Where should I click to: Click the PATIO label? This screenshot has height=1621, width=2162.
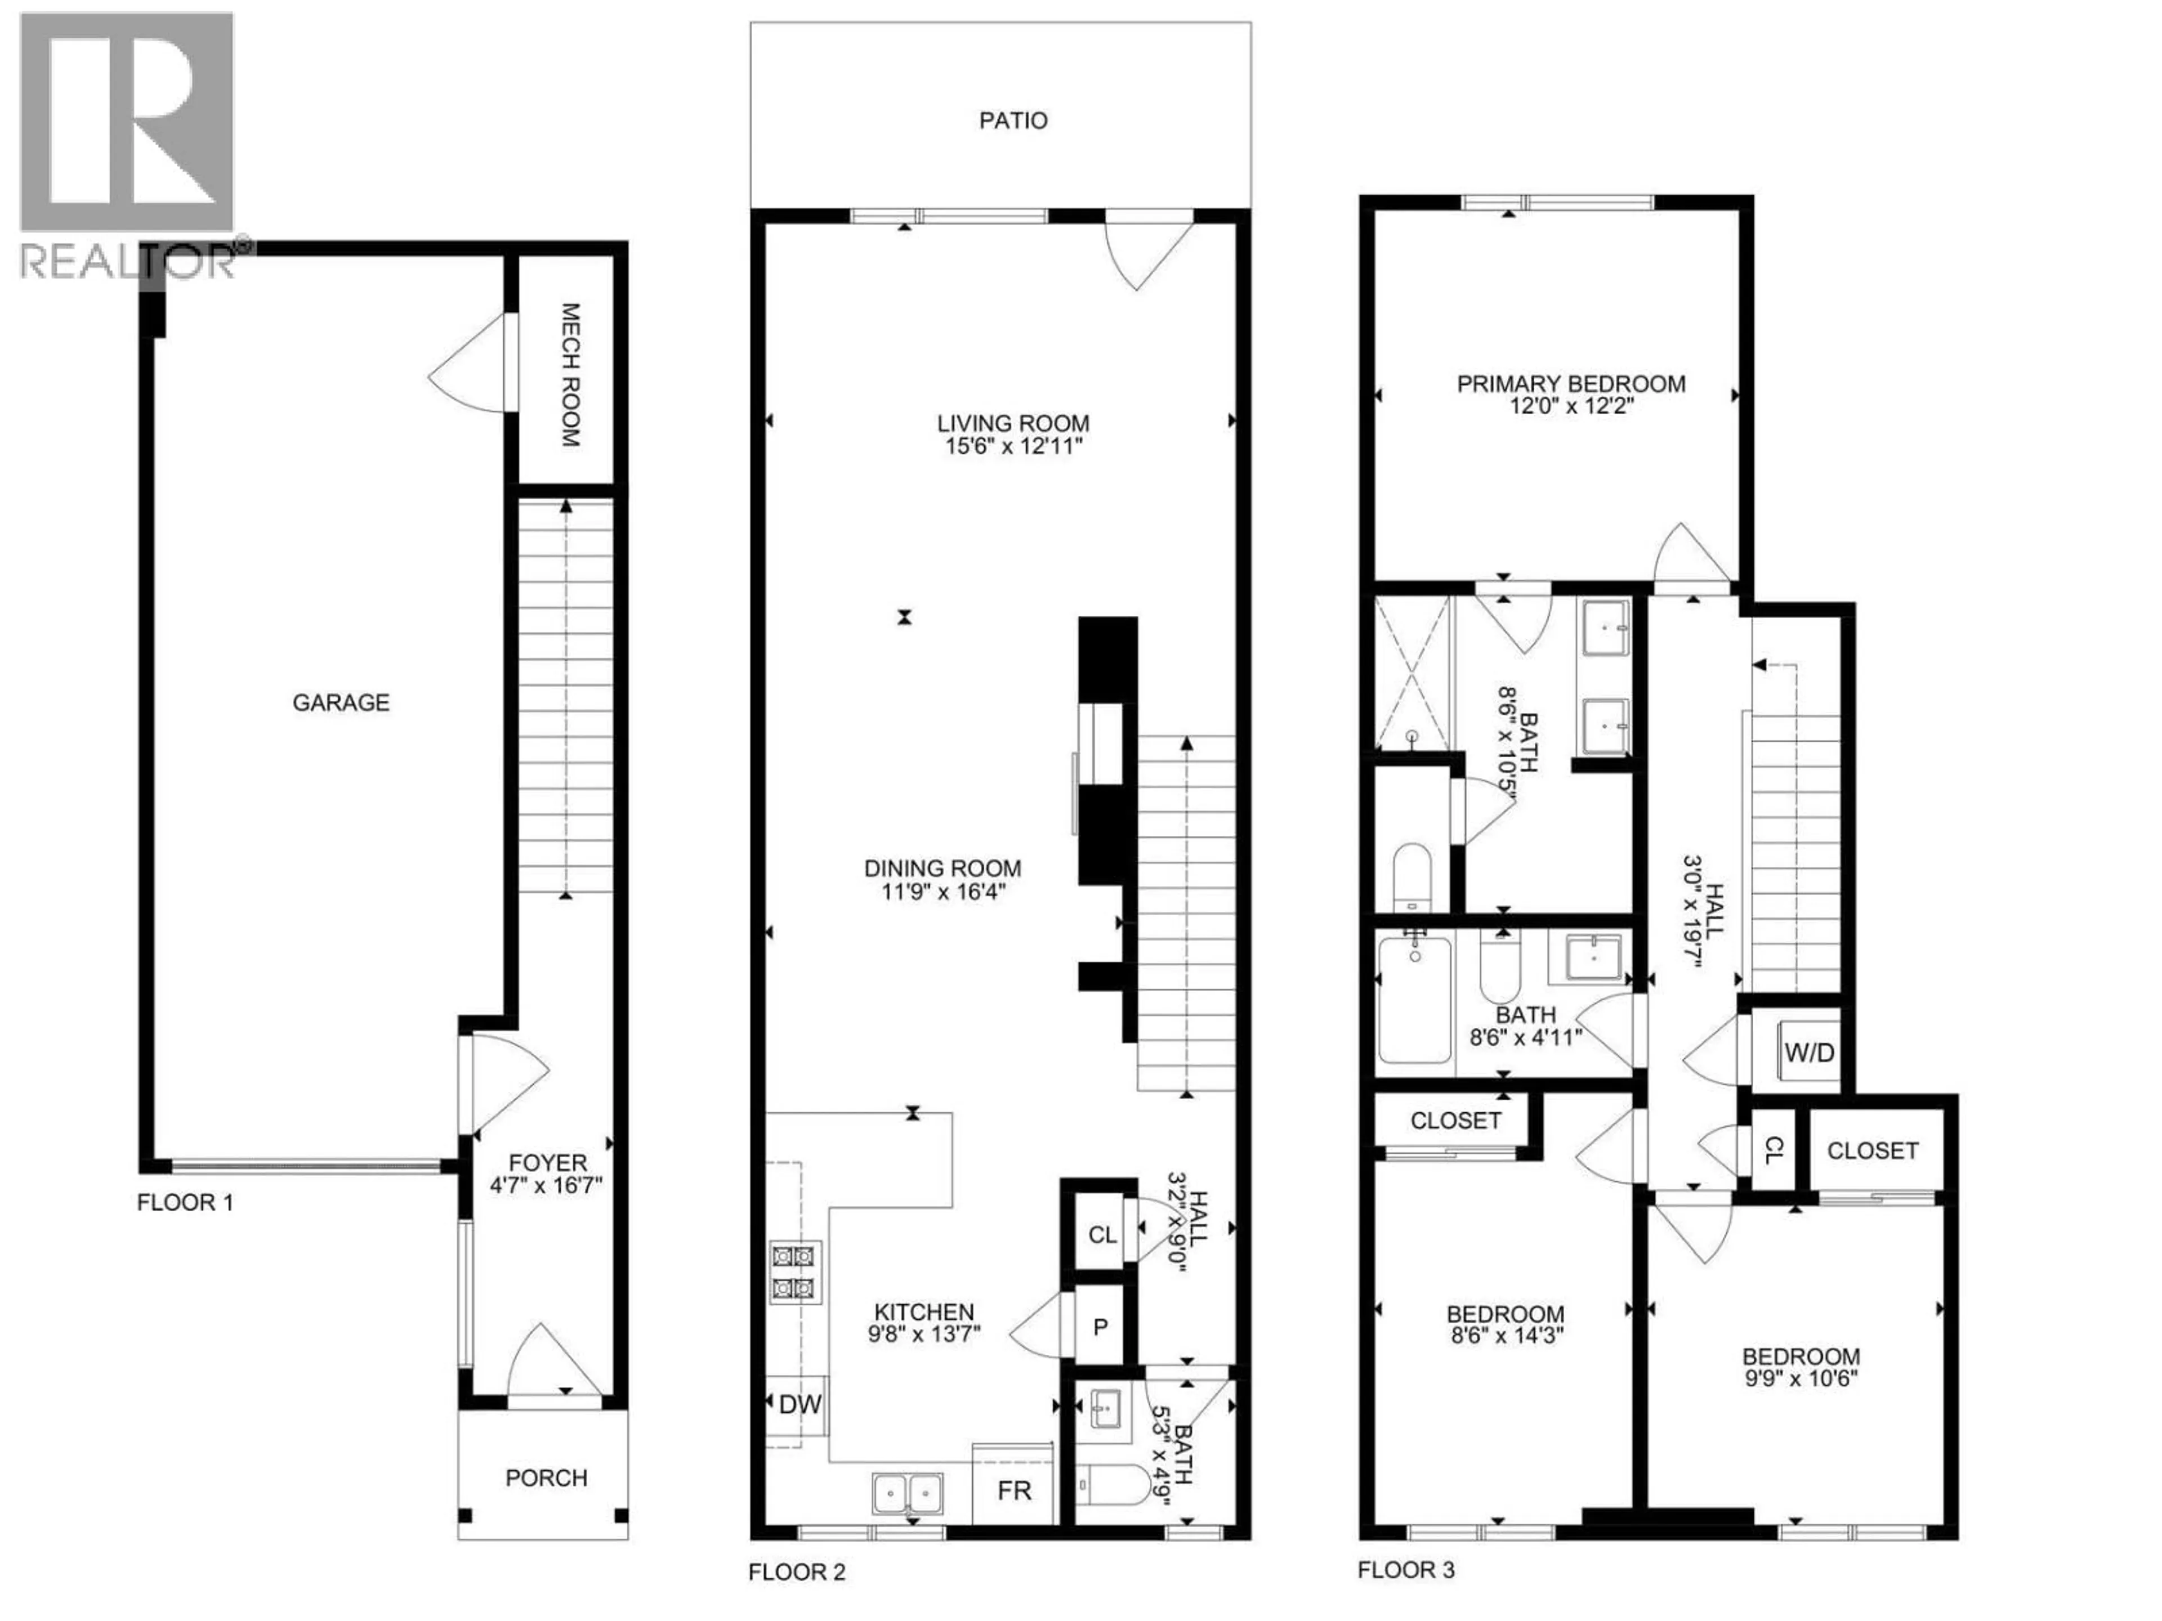(x=1012, y=120)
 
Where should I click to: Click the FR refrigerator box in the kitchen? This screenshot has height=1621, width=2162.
(x=1013, y=1490)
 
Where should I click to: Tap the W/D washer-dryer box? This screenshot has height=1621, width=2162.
(x=1809, y=1053)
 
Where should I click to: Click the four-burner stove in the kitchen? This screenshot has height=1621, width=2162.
(x=794, y=1272)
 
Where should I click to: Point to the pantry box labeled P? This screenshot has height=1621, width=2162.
(x=1100, y=1327)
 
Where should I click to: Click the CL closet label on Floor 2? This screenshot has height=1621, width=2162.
(x=1101, y=1234)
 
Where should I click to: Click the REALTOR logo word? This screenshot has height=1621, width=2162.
(x=128, y=261)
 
